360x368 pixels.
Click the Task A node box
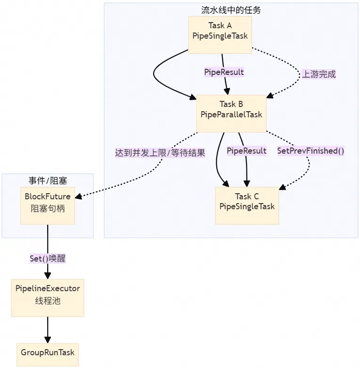click(220, 36)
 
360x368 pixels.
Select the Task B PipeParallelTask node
click(231, 114)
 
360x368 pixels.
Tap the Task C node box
click(247, 205)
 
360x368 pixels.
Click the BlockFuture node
click(48, 205)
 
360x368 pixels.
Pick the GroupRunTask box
click(48, 352)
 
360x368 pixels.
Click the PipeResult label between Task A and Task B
click(224, 72)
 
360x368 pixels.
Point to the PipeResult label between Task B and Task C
click(246, 151)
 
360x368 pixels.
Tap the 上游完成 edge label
click(319, 74)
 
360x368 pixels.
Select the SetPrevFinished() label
click(310, 151)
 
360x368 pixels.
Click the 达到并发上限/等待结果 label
click(160, 153)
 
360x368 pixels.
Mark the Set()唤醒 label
click(48, 259)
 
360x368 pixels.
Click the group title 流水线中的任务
click(231, 10)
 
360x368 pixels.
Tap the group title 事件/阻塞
click(48, 180)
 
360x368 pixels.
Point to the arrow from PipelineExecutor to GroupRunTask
click(48, 330)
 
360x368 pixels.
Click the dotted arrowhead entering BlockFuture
click(79, 196)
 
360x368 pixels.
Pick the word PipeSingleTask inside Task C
click(247, 206)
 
